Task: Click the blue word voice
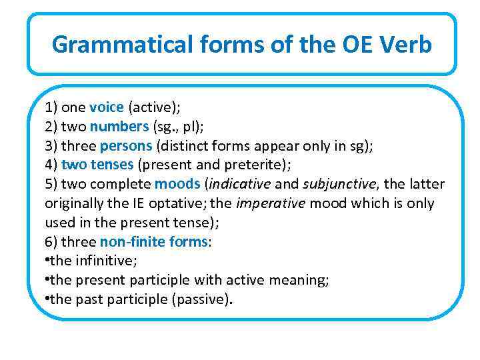pos(107,107)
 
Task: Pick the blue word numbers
pos(119,127)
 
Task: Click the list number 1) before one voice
pos(51,107)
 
